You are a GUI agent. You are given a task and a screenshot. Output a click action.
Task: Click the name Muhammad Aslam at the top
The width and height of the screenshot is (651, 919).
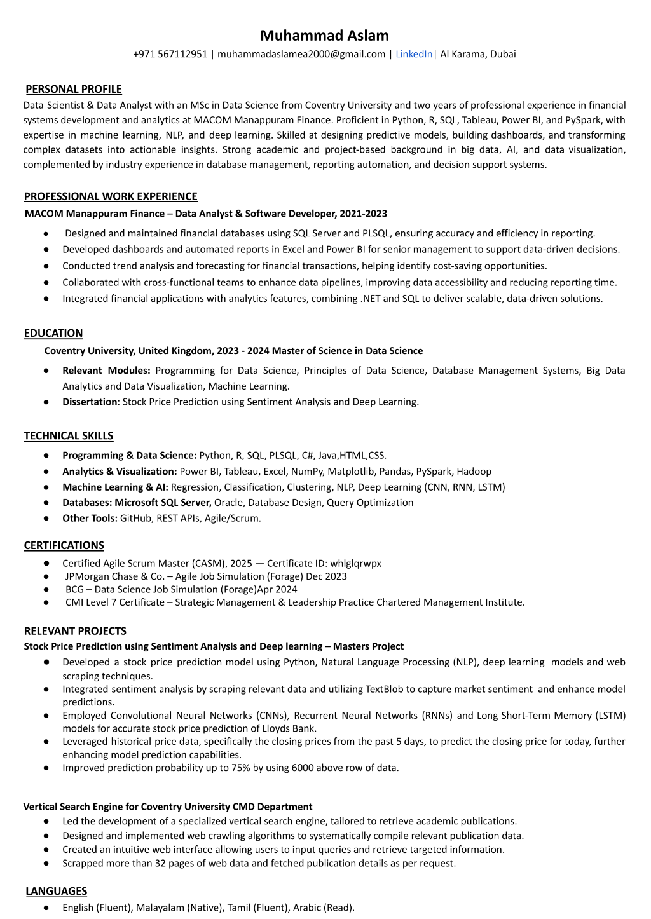324,36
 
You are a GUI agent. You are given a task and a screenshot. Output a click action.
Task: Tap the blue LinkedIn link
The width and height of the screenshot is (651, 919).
414,54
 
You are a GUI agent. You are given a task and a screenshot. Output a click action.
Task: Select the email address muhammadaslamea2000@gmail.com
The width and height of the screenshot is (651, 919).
301,54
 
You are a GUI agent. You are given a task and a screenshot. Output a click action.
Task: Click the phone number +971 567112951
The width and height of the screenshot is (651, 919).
170,54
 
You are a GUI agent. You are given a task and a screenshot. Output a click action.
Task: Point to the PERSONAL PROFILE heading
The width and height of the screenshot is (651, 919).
74,90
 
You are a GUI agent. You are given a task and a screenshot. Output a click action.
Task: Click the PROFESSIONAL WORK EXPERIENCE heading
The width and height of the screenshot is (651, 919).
111,196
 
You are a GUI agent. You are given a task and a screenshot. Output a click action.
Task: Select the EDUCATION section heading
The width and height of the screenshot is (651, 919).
53,333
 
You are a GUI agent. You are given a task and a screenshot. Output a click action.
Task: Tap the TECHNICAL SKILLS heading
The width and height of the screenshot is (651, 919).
69,436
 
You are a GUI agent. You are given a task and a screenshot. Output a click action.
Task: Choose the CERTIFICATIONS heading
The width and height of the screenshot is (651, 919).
64,546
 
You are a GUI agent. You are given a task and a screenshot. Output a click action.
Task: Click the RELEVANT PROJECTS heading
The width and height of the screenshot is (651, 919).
75,631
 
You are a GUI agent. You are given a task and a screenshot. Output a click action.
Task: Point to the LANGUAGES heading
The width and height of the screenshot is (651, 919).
57,892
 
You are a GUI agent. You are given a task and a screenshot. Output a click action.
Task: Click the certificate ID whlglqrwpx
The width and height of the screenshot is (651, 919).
355,564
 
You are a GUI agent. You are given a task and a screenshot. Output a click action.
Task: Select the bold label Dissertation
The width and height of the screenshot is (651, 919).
90,402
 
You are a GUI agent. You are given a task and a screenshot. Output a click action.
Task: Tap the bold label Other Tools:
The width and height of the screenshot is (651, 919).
90,519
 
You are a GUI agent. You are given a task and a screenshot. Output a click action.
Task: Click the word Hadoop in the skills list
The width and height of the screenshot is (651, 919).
474,472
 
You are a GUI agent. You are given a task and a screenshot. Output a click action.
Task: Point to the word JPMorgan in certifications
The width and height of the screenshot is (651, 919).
86,576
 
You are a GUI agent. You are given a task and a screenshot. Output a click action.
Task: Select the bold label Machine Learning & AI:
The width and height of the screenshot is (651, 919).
115,487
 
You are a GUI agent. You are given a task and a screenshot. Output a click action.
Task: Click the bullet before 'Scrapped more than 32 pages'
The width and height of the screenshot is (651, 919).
46,864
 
